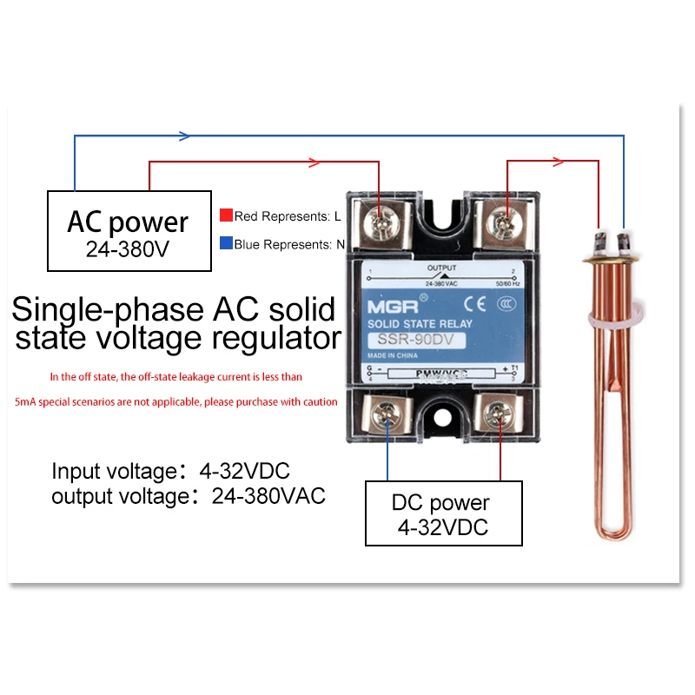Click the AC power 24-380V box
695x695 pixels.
click(128, 231)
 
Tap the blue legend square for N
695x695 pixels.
click(226, 245)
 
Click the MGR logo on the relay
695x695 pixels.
click(387, 306)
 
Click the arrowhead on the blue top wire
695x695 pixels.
click(183, 136)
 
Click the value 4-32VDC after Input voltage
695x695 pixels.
click(234, 472)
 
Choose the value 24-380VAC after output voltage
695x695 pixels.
click(268, 498)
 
